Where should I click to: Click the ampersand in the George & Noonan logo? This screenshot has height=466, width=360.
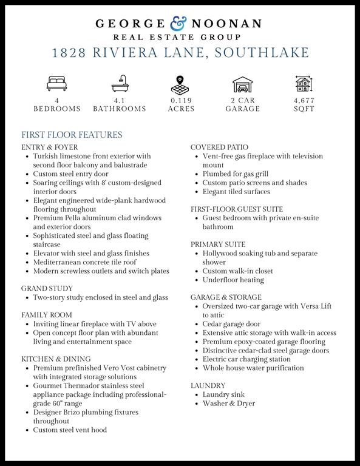point(179,24)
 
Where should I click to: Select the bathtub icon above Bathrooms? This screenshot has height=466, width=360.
point(119,83)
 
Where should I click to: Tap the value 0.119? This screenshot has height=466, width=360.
point(182,100)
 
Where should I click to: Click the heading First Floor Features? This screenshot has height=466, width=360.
point(72,135)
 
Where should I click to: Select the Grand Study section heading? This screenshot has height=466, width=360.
point(47,289)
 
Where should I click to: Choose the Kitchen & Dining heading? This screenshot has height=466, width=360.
point(56,359)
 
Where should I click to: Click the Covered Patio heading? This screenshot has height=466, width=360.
point(219,147)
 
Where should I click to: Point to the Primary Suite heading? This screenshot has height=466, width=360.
point(218,245)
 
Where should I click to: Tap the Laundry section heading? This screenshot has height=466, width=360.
point(208,386)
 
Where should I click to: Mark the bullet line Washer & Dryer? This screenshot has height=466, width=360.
point(229,404)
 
